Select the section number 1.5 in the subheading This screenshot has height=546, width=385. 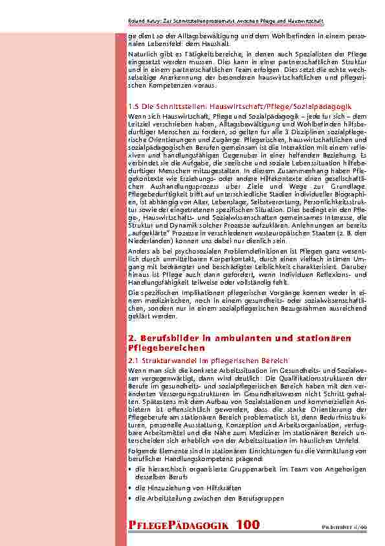pyautogui.click(x=133, y=105)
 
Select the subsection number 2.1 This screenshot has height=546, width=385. pyautogui.click(x=133, y=360)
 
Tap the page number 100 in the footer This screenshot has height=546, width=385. pyautogui.click(x=248, y=525)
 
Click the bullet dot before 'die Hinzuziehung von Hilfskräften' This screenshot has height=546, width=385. pyautogui.click(x=131, y=487)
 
